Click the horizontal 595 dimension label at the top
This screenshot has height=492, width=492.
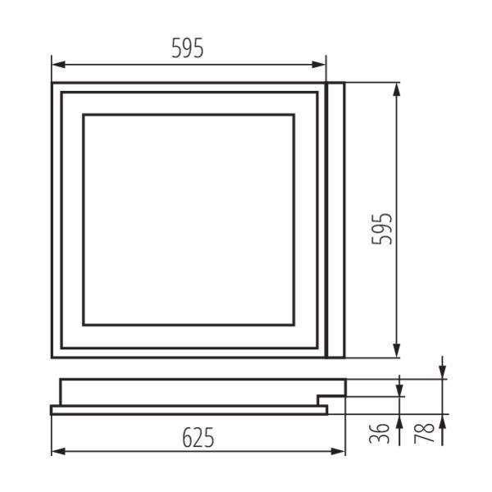(188, 48)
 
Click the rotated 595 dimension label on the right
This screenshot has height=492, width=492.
(382, 229)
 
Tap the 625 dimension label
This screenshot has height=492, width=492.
(198, 437)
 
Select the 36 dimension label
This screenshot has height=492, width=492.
(380, 433)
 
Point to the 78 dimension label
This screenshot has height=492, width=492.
(424, 433)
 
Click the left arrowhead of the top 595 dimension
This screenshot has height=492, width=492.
(59, 65)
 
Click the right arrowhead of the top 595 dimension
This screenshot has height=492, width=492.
(318, 65)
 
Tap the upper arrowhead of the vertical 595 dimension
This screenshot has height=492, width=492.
(397, 90)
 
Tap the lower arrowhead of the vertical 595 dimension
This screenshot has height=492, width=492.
(397, 350)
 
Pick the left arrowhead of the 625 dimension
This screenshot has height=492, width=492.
(59, 452)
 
